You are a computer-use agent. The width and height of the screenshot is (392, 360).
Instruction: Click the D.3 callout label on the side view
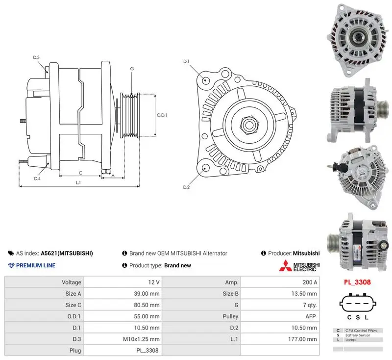point(36,57)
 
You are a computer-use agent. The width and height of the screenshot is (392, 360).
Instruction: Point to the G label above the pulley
point(132,69)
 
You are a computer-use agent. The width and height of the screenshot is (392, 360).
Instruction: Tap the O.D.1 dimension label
point(162,115)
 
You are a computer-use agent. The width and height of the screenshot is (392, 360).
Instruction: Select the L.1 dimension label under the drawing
point(78,182)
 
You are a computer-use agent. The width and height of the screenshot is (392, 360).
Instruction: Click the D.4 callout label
point(37,179)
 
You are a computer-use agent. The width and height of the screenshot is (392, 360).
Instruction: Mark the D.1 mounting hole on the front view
point(205,80)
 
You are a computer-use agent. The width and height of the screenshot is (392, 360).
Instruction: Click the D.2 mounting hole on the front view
point(205,168)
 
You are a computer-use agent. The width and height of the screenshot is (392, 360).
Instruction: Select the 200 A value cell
point(310,282)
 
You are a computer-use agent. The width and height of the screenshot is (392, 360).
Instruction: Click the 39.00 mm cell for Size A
point(147,294)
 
